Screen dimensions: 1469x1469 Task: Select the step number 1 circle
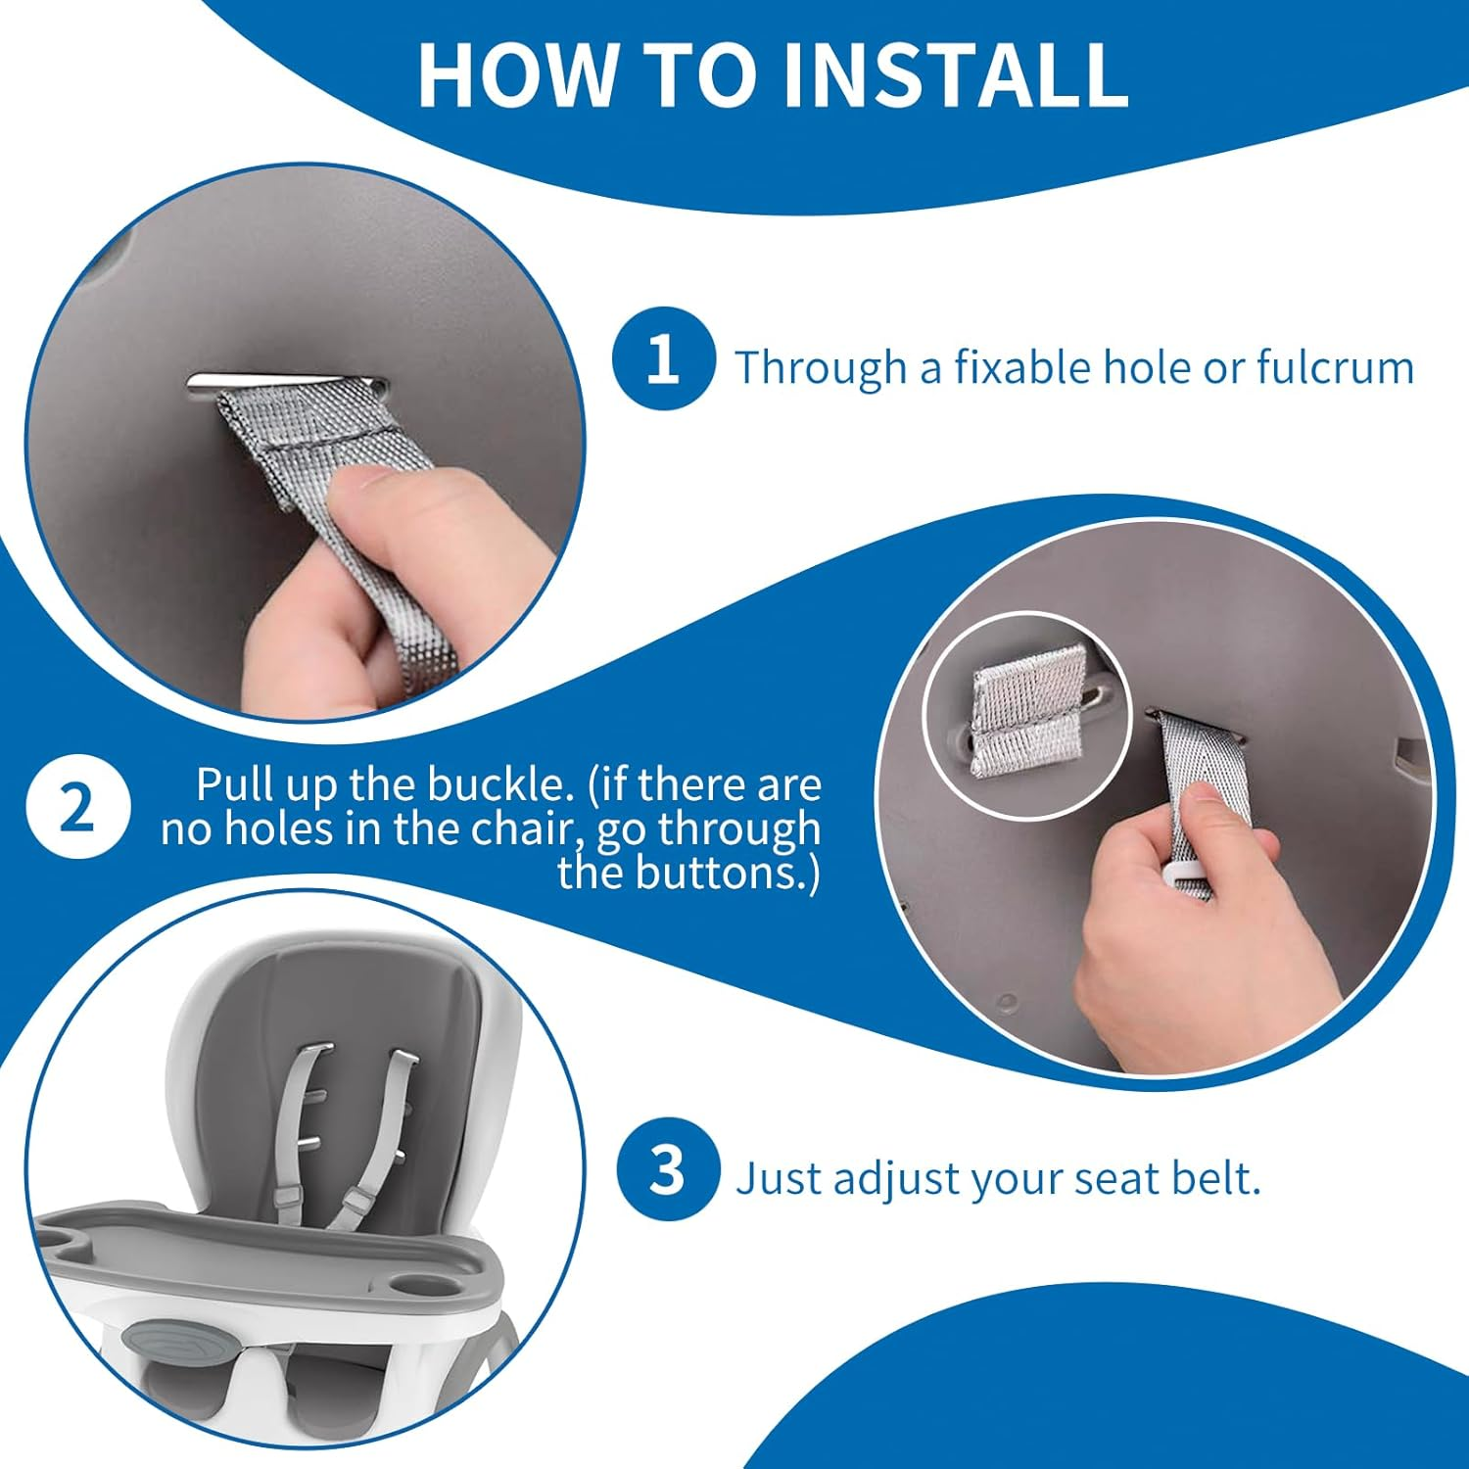[663, 358]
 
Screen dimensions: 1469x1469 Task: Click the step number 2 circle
[77, 809]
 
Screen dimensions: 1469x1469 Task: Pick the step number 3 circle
[668, 1169]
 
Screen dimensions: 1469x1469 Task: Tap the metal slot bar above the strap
[284, 383]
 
